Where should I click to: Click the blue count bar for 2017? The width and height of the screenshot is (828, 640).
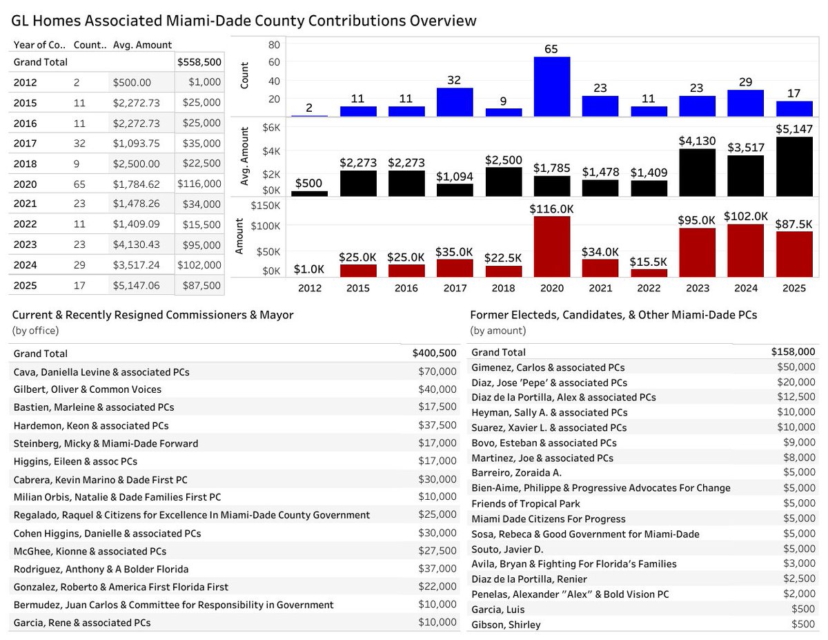click(x=454, y=102)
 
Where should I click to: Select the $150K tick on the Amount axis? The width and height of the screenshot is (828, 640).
click(x=266, y=206)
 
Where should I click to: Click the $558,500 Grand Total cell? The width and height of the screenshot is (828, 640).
click(x=199, y=62)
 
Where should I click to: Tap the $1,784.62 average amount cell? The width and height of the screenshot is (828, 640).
click(x=141, y=184)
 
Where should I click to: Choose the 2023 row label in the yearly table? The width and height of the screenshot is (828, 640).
click(x=25, y=245)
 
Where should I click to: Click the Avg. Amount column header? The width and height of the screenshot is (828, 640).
click(x=142, y=45)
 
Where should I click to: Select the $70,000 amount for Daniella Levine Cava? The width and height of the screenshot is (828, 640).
click(x=437, y=372)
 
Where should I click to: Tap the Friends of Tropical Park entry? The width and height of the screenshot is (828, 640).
click(x=526, y=504)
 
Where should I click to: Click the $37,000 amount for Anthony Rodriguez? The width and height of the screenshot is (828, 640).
click(x=437, y=569)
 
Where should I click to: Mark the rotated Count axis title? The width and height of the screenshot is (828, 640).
click(x=244, y=77)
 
